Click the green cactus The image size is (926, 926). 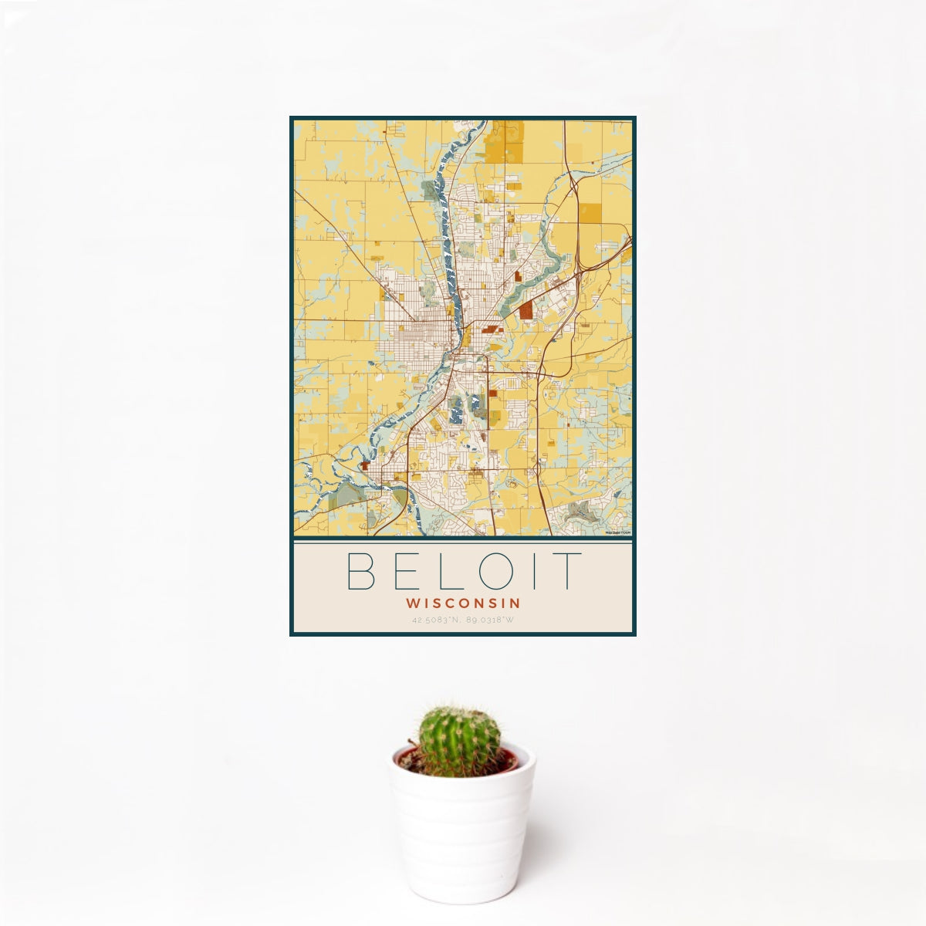pyautogui.click(x=458, y=742)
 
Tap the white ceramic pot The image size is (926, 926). pyautogui.click(x=461, y=833)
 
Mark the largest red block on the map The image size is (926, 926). pyautogui.click(x=526, y=310)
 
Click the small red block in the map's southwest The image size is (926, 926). pyautogui.click(x=363, y=465)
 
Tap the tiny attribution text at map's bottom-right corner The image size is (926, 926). pyautogui.click(x=618, y=532)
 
